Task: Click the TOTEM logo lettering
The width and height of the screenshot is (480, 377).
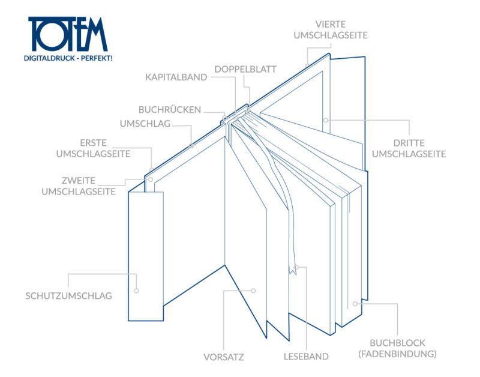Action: (x=68, y=34)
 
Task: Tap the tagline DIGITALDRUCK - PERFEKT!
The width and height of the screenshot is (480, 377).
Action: (x=68, y=58)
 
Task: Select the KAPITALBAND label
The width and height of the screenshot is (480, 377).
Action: (x=176, y=77)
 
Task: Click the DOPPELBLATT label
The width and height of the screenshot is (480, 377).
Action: (x=245, y=69)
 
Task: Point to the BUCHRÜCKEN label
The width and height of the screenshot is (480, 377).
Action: (x=170, y=109)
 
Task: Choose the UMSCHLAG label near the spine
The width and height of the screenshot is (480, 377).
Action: (x=145, y=124)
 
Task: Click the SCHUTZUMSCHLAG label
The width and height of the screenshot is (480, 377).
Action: (x=68, y=296)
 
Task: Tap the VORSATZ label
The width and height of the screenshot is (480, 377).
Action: (x=223, y=357)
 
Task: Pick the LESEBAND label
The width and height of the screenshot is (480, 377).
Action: (x=306, y=357)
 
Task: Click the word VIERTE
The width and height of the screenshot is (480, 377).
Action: (x=331, y=24)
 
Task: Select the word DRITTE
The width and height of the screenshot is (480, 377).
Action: (x=409, y=143)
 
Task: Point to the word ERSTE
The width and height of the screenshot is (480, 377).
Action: (x=94, y=143)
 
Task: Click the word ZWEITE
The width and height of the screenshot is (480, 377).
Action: (x=79, y=180)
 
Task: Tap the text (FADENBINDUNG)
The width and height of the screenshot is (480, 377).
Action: (x=397, y=354)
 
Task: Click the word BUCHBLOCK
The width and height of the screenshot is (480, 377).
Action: (x=397, y=343)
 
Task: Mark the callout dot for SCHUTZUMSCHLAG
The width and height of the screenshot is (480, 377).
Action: (x=137, y=291)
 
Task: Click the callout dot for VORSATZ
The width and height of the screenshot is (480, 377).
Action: (x=253, y=291)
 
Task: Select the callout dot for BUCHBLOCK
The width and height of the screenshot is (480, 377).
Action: (x=355, y=304)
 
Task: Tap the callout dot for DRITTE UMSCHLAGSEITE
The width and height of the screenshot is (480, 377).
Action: (x=326, y=120)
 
